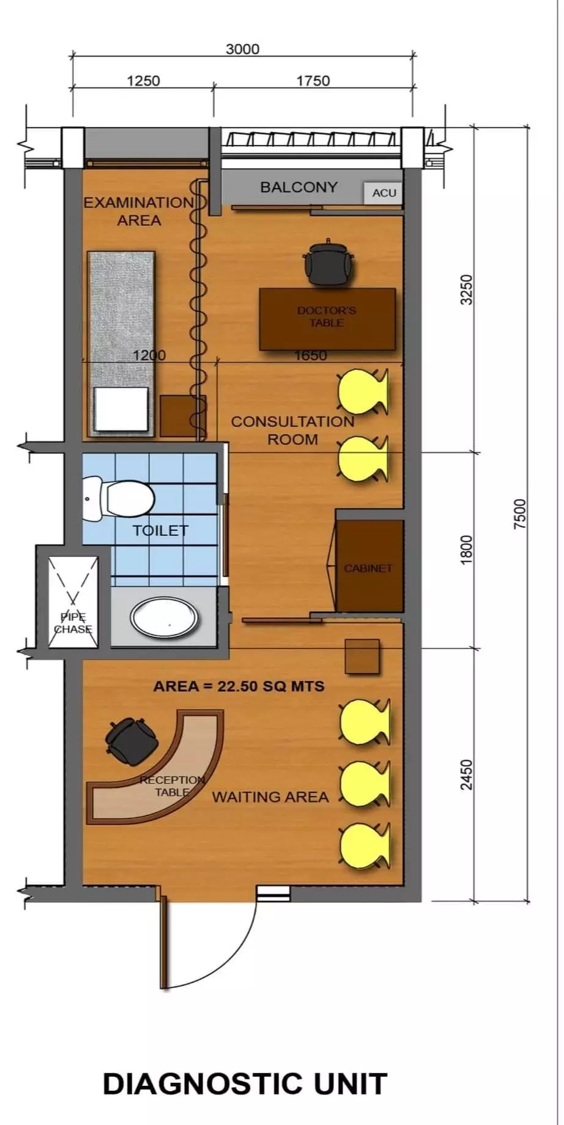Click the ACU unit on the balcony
point(384,193)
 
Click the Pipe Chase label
point(73,623)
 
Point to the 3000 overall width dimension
point(242,49)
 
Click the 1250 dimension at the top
point(143,81)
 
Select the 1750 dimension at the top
point(313,81)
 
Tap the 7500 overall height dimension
point(519,514)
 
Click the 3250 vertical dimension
point(467,289)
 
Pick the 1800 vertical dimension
point(467,550)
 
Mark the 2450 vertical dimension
point(467,774)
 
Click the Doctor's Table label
point(327,316)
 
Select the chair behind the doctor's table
point(329,262)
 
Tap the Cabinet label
point(368,568)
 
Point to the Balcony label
point(299,187)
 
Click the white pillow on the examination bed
point(122,409)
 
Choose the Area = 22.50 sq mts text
point(239,686)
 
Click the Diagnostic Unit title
point(245,1083)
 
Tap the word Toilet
point(160,530)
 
